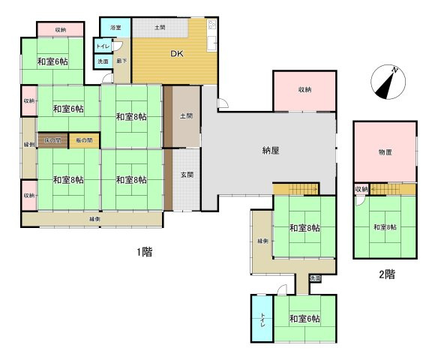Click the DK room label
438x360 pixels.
tap(176, 54)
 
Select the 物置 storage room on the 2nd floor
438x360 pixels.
tap(385, 152)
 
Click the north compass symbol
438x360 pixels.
tap(388, 81)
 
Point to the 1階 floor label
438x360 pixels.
tap(145, 252)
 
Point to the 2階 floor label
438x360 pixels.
tap(386, 274)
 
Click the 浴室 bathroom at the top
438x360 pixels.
tap(115, 28)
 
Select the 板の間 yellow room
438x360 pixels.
tap(83, 140)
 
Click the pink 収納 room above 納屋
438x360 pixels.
tap(304, 90)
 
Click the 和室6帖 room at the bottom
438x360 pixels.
tap(304, 319)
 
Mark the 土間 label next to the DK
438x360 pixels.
tap(160, 28)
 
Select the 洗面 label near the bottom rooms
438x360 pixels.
tap(314, 278)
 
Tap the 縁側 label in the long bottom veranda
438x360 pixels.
tap(95, 219)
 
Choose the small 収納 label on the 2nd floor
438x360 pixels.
tap(361, 189)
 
